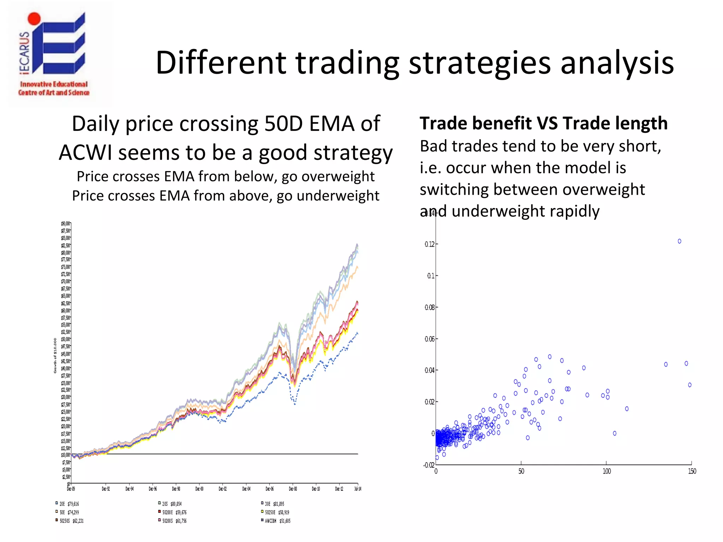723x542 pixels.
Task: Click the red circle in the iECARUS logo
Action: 34,19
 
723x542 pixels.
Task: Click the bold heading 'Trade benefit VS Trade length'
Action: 543,124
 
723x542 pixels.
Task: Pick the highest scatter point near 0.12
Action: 679,241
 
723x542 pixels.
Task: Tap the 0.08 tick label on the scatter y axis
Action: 429,307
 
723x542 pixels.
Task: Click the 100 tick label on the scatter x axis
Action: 607,471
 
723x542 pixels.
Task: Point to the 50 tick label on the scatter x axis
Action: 521,471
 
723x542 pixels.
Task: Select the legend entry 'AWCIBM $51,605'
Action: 277,521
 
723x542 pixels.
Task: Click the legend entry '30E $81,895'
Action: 274,504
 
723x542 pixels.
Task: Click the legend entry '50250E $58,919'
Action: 276,512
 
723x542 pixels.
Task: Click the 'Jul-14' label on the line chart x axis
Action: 358,489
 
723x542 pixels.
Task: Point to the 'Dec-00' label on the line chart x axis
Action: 199,489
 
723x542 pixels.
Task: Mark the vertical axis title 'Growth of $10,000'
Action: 55,356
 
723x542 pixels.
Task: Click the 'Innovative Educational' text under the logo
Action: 54,84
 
